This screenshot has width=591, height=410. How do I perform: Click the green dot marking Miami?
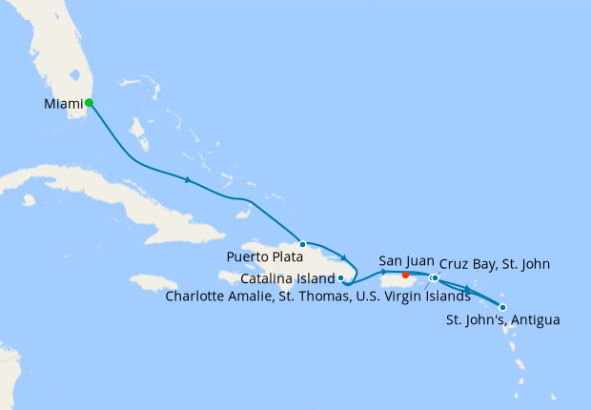click(89, 102)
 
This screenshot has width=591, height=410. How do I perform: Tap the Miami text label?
click(62, 103)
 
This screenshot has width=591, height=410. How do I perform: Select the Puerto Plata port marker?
click(303, 244)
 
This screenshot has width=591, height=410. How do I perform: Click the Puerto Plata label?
click(264, 257)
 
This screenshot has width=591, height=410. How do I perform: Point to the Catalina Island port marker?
click(341, 278)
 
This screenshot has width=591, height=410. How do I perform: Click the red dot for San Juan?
click(406, 275)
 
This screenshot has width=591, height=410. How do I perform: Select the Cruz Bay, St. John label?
click(495, 264)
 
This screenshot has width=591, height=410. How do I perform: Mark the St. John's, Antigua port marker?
click(502, 307)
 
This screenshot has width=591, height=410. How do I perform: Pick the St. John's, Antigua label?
click(502, 319)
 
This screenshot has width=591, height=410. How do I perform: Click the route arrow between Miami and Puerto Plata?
click(189, 179)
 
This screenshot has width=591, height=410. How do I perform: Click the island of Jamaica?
click(153, 283)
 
